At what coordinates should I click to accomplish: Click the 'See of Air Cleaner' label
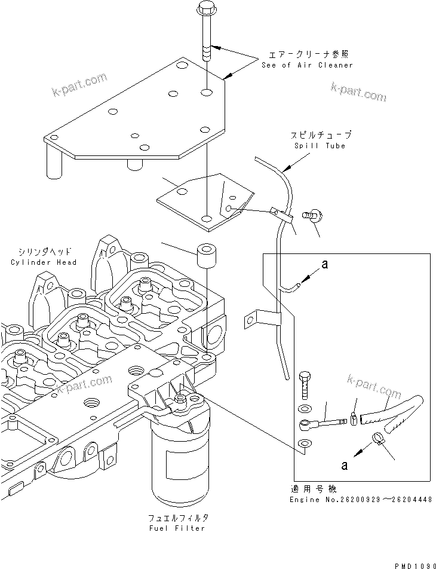tap(307, 65)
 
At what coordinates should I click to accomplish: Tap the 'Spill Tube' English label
tap(320, 146)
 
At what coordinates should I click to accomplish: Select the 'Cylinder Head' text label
tap(44, 262)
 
